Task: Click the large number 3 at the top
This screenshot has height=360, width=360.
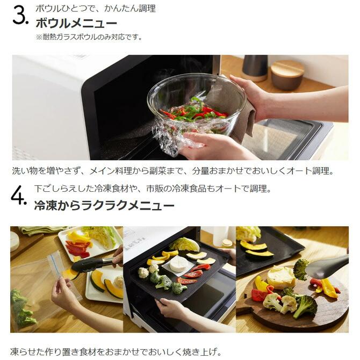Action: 19,16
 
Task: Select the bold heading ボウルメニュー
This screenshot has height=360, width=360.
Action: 76,23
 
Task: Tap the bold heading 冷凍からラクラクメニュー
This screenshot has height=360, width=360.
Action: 104,206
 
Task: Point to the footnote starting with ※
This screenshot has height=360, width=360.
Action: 89,37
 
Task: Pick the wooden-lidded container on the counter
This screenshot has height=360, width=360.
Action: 287,74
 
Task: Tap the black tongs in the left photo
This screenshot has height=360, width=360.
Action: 89,264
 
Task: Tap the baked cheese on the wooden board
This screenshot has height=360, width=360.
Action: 281,277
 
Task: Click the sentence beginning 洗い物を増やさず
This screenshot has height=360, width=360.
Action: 172,171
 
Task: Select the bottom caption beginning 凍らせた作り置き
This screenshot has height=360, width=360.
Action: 116,352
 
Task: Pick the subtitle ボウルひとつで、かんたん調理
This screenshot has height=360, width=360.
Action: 95,9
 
